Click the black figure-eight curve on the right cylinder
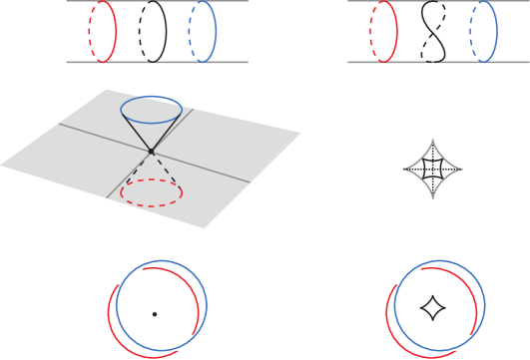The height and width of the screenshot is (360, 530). (431, 31)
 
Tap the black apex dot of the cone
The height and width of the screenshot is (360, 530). (151, 151)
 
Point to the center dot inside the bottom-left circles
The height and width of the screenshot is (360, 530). (155, 314)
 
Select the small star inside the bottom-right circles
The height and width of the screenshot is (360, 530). (432, 309)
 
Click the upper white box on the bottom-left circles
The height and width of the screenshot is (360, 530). (129, 276)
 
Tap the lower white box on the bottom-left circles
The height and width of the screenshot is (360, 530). (187, 342)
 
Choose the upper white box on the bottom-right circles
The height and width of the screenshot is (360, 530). (406, 276)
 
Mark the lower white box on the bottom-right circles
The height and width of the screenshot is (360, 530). (464, 342)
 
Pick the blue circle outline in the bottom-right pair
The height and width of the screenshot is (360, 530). (487, 299)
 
